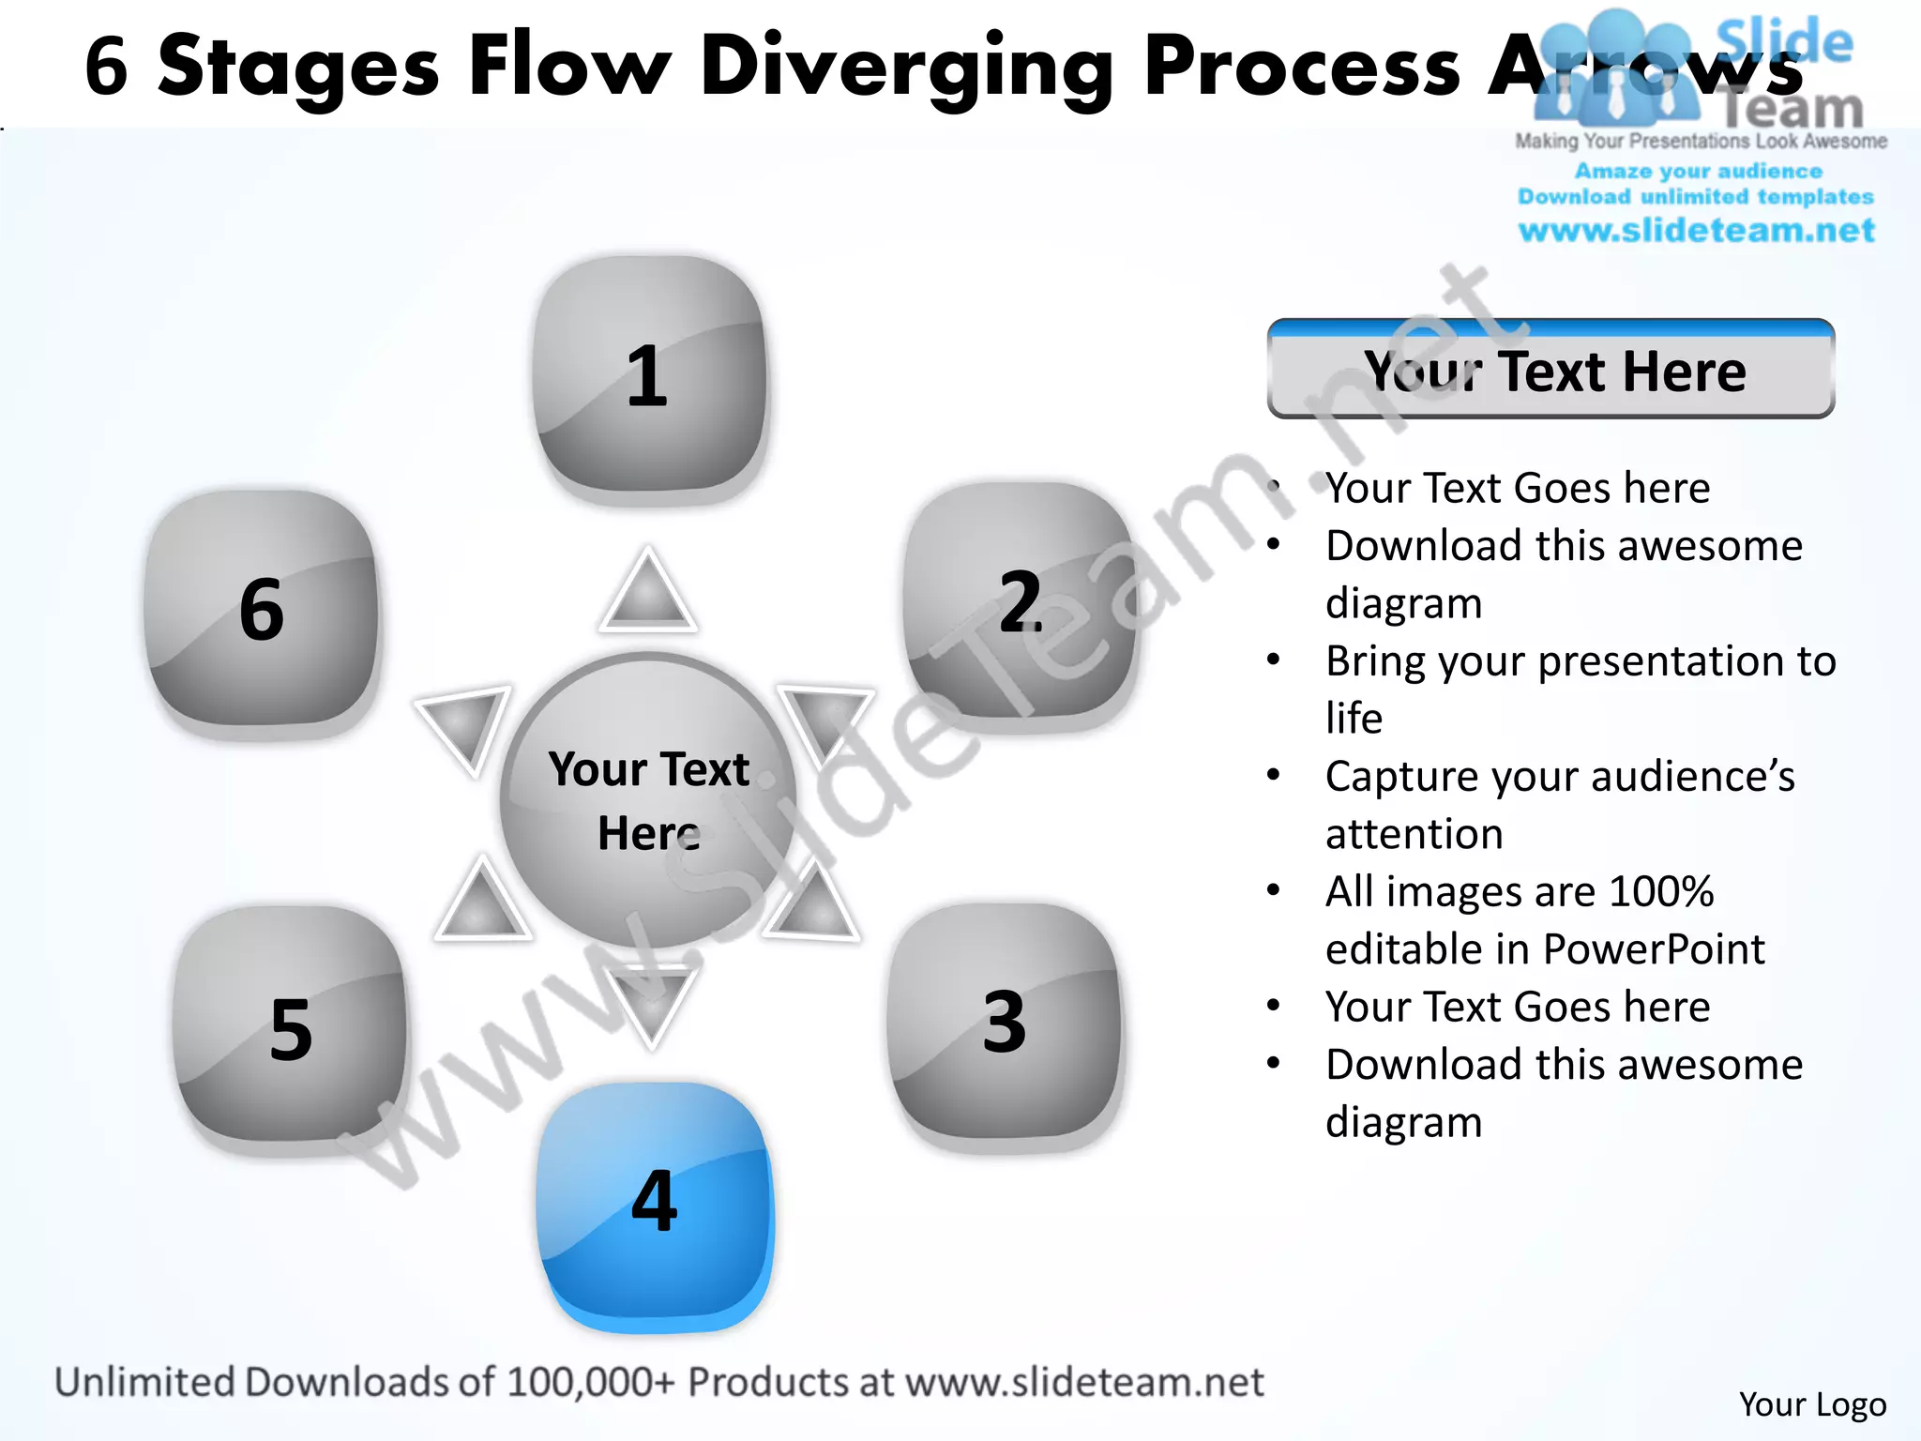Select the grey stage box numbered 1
click(x=649, y=375)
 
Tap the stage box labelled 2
click(x=1021, y=600)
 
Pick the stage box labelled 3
click(x=1005, y=1022)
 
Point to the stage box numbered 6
click(x=262, y=610)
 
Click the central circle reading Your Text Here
click(x=648, y=800)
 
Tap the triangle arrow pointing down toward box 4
click(x=651, y=1003)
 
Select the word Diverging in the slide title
click(x=906, y=68)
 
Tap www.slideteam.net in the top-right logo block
click(x=1696, y=231)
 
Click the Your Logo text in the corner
click(x=1812, y=1404)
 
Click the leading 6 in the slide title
click(x=106, y=68)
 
